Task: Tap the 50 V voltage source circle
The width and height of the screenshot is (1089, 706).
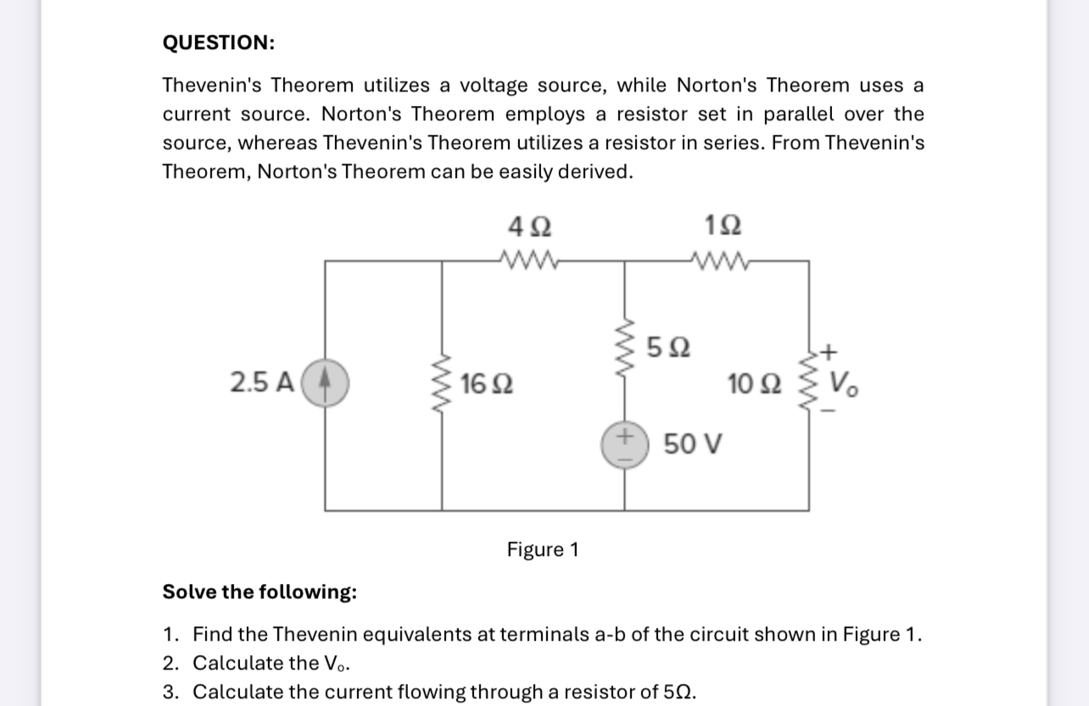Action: click(626, 444)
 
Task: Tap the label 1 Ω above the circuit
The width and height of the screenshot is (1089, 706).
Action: click(723, 227)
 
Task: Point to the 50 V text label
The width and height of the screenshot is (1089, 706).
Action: click(692, 443)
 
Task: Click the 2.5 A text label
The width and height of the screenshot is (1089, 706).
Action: click(262, 383)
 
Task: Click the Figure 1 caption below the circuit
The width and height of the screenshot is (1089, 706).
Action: click(542, 550)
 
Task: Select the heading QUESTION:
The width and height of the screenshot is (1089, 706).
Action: click(219, 43)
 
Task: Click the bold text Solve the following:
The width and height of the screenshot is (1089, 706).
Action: click(260, 591)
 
